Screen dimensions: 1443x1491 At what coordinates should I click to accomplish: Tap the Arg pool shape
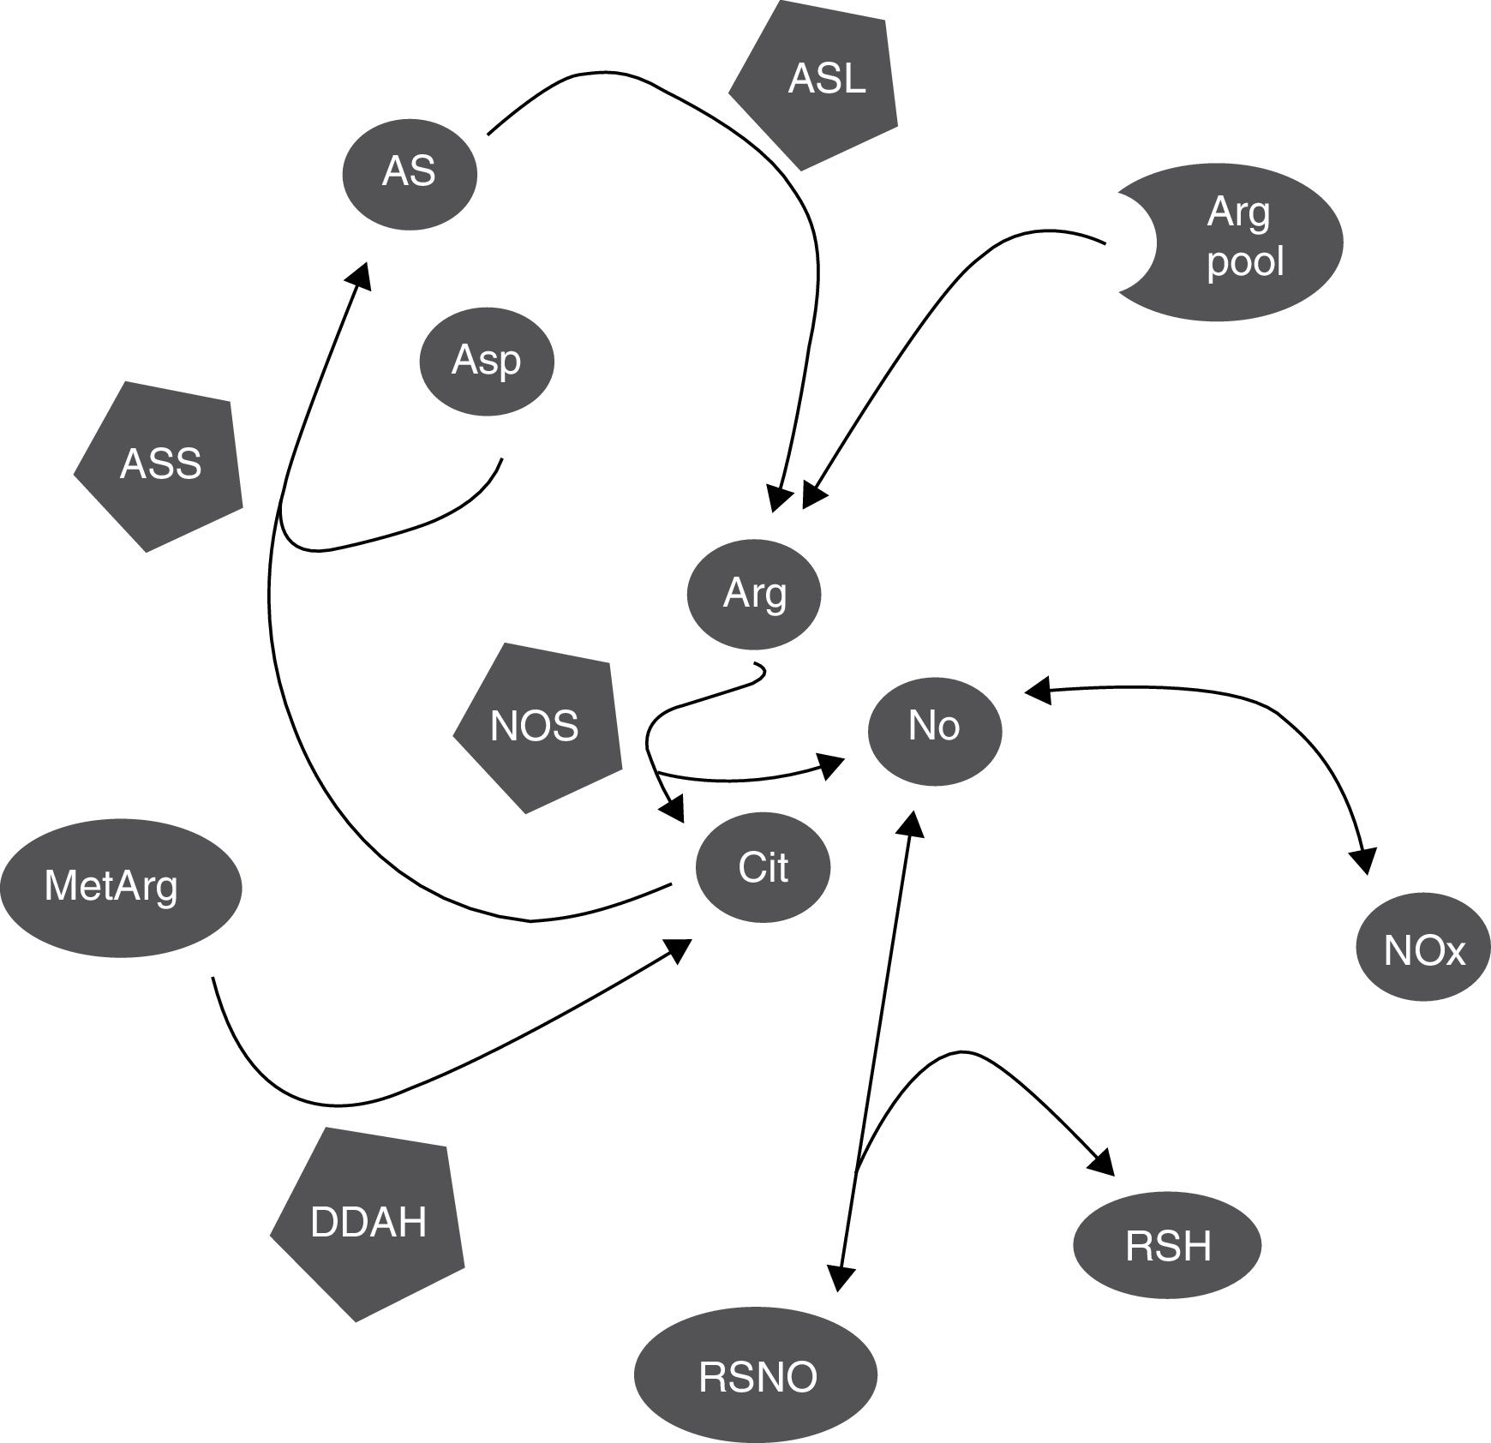click(x=1242, y=243)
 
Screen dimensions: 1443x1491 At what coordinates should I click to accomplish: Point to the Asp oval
click(x=486, y=361)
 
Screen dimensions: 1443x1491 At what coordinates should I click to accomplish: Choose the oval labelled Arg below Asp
click(x=754, y=594)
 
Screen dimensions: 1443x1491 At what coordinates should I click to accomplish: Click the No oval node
click(x=934, y=727)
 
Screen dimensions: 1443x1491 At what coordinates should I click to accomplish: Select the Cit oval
click(x=763, y=869)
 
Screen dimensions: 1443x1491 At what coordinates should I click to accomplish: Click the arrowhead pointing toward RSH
click(x=1104, y=1164)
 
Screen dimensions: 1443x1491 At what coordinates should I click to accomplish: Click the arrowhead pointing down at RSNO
click(x=841, y=1278)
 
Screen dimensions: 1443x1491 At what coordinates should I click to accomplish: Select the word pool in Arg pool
click(x=1245, y=260)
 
